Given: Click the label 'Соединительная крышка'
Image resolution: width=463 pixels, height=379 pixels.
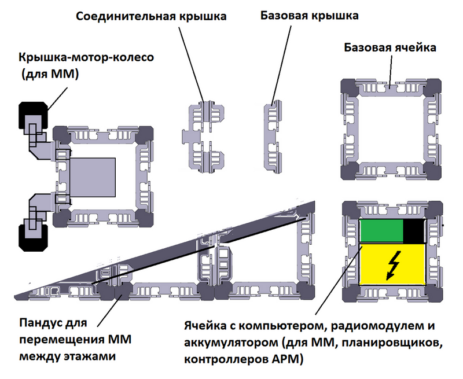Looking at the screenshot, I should pos(151,16).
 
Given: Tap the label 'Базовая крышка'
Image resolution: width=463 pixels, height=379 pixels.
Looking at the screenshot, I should pos(309,16).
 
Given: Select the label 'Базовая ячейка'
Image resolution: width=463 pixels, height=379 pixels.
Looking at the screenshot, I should pos(389,47).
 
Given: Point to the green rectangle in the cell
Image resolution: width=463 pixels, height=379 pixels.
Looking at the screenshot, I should pos(382,231).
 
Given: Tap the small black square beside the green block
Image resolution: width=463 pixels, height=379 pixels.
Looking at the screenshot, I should pos(414,231).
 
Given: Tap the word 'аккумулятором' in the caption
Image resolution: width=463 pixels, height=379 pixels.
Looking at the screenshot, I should pos(225,342).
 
